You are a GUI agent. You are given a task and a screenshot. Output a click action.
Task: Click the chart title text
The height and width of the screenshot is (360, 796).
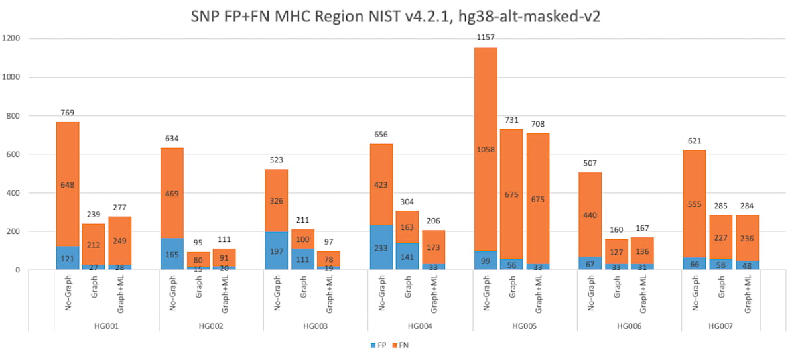[x=398, y=17]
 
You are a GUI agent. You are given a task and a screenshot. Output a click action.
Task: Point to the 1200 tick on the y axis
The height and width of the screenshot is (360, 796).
[x=12, y=38]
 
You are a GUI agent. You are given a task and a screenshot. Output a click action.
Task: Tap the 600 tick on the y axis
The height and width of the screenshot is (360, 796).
[x=15, y=154]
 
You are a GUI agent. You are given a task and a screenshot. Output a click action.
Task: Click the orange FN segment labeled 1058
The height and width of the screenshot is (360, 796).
[x=486, y=150]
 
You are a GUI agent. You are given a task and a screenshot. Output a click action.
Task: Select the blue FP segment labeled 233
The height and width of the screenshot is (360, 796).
[x=381, y=247]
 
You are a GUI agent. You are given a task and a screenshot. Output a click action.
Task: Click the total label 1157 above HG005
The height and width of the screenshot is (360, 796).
[x=486, y=38]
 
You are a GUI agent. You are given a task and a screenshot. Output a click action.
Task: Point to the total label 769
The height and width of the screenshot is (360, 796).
[x=68, y=113]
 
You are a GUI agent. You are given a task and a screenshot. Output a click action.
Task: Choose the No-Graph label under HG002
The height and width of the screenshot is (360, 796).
[x=172, y=294]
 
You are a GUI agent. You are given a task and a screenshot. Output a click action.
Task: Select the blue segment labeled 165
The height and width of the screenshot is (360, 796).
[x=172, y=254]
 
